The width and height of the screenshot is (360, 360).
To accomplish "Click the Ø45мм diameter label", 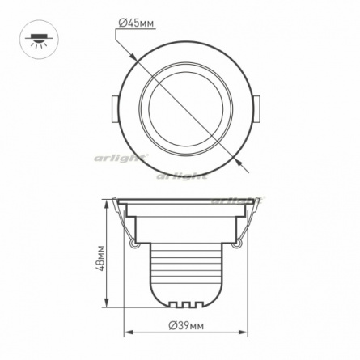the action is point(136,23).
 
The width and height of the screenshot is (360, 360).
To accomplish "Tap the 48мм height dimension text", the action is point(100,258).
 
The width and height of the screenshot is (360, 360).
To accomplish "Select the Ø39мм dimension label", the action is point(186,326).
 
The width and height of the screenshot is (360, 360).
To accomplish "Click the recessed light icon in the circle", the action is point(40,40).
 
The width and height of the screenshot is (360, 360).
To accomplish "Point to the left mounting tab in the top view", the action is point(115,109).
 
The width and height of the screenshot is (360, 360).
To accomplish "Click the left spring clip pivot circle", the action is point(133,244).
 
